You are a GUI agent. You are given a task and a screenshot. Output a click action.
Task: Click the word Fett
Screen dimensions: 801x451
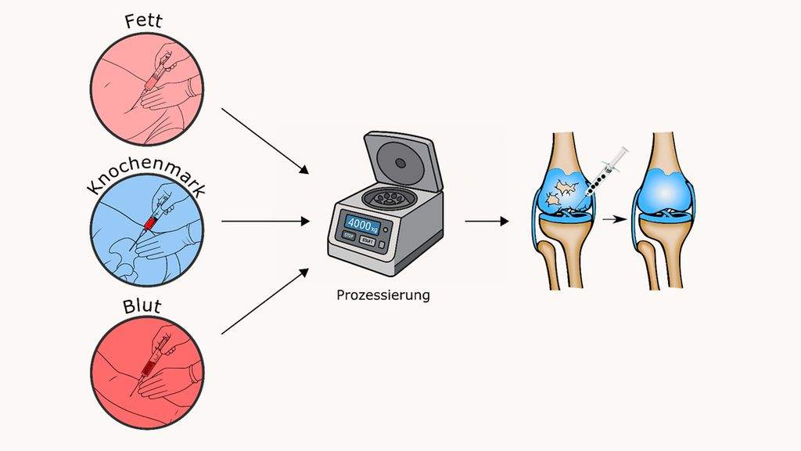point(144,21)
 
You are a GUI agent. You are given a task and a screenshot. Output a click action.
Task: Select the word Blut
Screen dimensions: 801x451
point(142,306)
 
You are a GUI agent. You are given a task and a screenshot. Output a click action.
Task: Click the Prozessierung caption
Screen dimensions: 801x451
point(383,295)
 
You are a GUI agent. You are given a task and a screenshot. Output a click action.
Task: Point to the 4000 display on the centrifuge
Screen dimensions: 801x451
point(362,224)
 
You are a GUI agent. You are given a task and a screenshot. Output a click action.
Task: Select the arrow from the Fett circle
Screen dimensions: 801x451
point(265,141)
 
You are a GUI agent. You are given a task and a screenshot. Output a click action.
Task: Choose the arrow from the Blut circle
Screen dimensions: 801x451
point(265,301)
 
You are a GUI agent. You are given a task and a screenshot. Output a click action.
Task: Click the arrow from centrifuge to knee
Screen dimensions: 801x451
point(487,222)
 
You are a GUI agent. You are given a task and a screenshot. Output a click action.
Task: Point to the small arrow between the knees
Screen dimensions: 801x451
point(615,219)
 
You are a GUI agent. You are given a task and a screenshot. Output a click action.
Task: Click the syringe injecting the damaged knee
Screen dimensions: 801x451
point(603,176)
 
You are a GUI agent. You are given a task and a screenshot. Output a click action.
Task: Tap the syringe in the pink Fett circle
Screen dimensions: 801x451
point(154,78)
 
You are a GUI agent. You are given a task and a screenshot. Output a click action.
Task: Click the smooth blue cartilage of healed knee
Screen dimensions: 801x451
point(663,189)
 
